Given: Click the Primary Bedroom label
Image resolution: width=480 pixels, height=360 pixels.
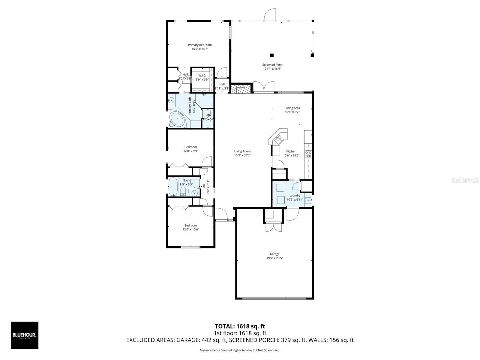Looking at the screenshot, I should tap(200, 45).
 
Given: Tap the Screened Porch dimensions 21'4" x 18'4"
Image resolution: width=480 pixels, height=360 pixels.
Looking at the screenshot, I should tap(273, 69).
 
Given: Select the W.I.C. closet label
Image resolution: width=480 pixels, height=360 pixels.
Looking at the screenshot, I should tap(202, 76).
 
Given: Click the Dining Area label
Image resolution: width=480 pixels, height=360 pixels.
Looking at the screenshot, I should tap(292, 108).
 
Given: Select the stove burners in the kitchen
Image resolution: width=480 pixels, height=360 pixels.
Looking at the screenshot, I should tap(308, 154).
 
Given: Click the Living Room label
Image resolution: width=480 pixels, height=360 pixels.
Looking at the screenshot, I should tap(242, 151).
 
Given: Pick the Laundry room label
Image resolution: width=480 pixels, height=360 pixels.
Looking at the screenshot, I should tap(295, 196).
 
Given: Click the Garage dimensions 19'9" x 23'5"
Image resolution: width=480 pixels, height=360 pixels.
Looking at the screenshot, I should tap(274, 258).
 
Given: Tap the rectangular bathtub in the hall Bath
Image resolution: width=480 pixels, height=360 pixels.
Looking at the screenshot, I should tap(173, 187).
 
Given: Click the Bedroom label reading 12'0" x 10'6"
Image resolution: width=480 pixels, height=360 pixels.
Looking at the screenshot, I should tap(190, 226).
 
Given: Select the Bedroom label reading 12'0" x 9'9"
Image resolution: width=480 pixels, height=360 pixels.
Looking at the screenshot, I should tap(190, 147).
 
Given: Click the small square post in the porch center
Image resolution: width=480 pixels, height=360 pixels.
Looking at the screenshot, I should tap(272, 55).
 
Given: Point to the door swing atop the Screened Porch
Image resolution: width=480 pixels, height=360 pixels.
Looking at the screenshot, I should tap(270, 15).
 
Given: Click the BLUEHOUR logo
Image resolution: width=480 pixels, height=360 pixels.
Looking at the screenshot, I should tap(25, 335).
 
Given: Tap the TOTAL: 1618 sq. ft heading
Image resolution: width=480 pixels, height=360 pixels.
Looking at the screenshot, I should tap(240, 326).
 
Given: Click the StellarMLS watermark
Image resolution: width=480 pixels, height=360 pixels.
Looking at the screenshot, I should tap(465, 180).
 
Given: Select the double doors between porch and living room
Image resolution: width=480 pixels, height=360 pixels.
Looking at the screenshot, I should tap(264, 87).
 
